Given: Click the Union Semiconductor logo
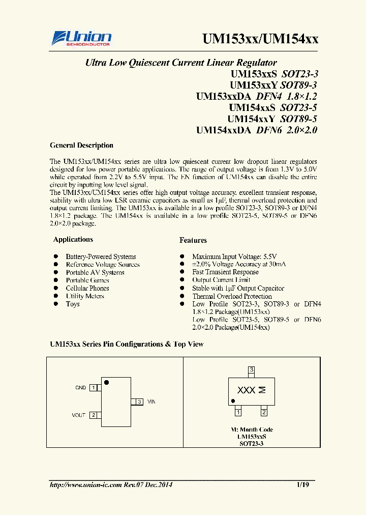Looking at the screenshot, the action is (81, 39).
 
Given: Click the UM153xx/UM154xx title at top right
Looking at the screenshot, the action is (260, 40).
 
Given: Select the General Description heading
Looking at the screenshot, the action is (81, 145).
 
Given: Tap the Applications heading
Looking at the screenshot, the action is (73, 239).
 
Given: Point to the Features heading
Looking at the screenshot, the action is (193, 240).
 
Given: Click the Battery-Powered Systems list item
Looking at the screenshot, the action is (101, 256).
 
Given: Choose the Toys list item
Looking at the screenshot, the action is (73, 304).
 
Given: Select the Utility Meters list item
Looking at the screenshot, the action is (85, 296).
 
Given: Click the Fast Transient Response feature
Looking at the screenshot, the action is (225, 272).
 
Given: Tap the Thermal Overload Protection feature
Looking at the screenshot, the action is (232, 296).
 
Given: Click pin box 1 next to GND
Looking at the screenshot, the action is (93, 388).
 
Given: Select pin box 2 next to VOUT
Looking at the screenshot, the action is (93, 415).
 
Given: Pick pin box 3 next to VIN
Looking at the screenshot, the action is (139, 402).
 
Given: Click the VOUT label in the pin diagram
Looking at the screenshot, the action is (79, 415).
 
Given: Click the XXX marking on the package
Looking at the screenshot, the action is (247, 390).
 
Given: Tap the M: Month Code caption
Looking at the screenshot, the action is (252, 430).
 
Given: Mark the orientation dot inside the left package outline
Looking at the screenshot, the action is (106, 382).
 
